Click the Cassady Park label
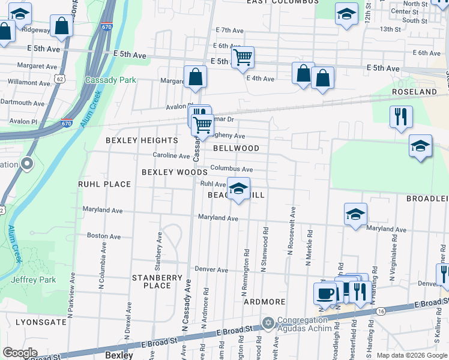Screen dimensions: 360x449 coord(110,80)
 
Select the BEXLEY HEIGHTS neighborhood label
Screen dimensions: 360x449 coord(142,140)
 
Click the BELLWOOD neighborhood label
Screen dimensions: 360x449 coord(236,148)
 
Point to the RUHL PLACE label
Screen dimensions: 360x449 coord(104,184)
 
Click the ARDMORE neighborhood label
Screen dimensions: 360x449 coord(264,302)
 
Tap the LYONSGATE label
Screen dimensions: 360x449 coord(41,322)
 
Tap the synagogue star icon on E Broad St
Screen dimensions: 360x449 coord(266,323)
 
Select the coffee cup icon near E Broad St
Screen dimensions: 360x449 coord(325,293)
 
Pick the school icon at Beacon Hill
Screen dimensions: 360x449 coord(239,189)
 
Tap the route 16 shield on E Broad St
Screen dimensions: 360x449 coord(381,311)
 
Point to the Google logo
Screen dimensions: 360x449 coord(20,353)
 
